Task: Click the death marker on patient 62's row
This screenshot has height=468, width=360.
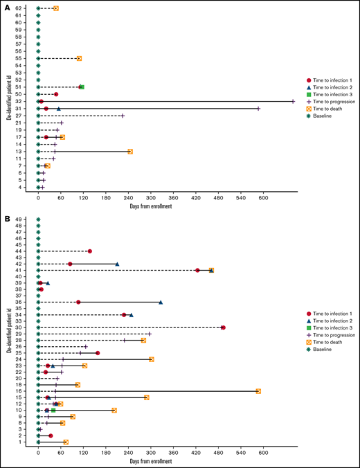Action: point(56,8)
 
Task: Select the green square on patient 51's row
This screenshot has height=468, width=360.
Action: point(82,87)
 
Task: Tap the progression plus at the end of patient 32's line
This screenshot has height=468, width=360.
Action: point(293,101)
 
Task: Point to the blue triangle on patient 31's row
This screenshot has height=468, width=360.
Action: point(58,109)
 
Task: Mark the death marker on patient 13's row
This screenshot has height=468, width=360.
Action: point(130,151)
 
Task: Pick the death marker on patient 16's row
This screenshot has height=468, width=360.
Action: point(258,391)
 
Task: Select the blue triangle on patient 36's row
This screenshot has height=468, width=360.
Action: point(161,302)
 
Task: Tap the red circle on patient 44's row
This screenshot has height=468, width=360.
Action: point(90,251)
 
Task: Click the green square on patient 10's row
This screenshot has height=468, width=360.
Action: point(53,411)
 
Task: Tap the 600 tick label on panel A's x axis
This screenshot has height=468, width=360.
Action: point(263,197)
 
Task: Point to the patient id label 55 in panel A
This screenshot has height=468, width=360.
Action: point(19,58)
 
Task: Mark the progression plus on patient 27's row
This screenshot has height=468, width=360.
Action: point(123,116)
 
